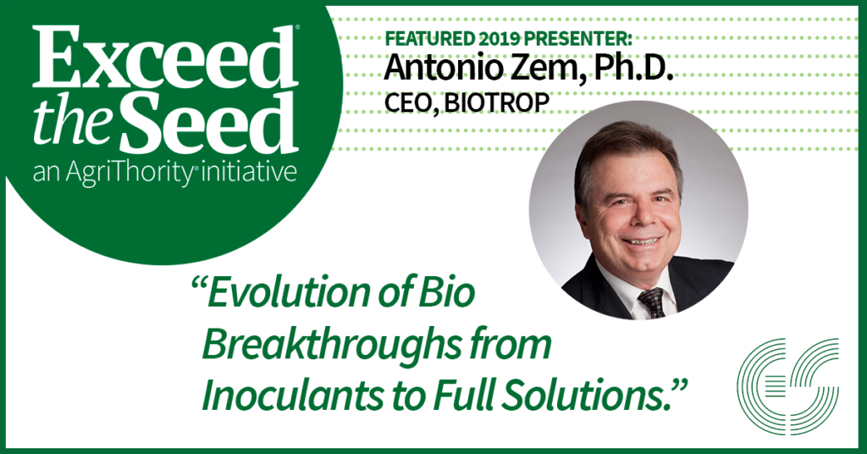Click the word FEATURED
tap(429, 39)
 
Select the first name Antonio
tap(450, 67)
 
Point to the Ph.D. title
tap(633, 67)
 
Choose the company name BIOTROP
tap(497, 102)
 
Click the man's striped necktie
tap(653, 302)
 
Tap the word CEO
tap(411, 102)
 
